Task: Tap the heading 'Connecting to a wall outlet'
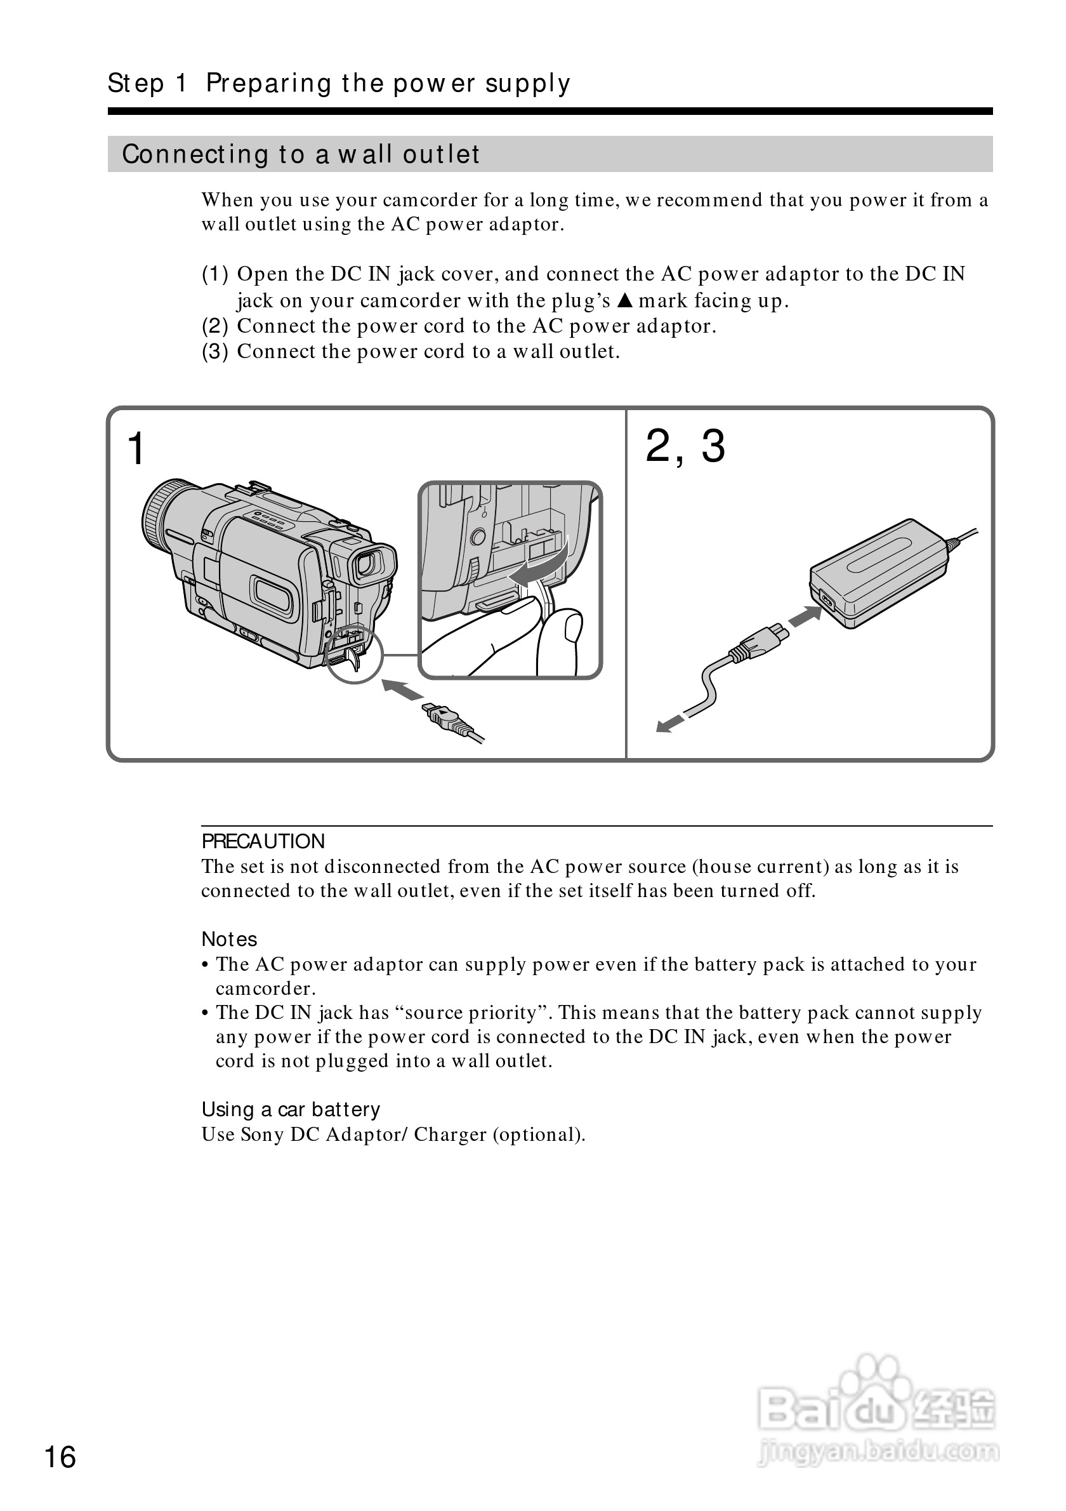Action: [301, 154]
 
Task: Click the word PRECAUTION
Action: [263, 841]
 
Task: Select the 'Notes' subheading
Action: [229, 938]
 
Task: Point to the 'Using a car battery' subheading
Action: [291, 1109]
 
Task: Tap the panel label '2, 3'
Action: [685, 446]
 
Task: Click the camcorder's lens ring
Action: [158, 514]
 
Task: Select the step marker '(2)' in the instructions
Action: [214, 326]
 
